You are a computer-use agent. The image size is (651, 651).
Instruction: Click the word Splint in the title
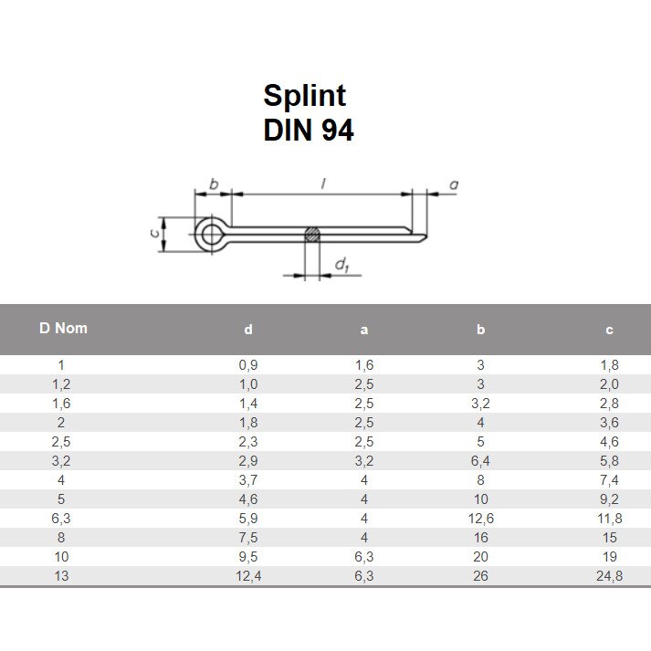pos(305,95)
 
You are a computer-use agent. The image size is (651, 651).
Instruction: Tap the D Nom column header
pos(63,328)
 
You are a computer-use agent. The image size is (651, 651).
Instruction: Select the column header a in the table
pos(364,330)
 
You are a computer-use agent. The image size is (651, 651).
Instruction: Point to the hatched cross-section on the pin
pos(312,235)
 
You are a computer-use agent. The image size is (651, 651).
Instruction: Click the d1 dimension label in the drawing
pos(342,266)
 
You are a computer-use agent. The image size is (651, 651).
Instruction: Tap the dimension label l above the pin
pos(323,185)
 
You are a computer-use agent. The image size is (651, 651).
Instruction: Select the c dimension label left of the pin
pos(152,234)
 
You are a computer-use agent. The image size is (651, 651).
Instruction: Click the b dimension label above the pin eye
pos(215,185)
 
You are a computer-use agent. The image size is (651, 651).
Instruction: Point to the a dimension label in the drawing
pos(454,185)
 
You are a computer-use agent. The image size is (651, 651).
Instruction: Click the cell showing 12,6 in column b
pos(481,519)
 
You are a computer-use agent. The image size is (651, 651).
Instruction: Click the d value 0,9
pos(248,365)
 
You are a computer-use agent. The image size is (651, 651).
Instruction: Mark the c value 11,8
pos(609,519)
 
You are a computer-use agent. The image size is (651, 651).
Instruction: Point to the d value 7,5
pos(248,537)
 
